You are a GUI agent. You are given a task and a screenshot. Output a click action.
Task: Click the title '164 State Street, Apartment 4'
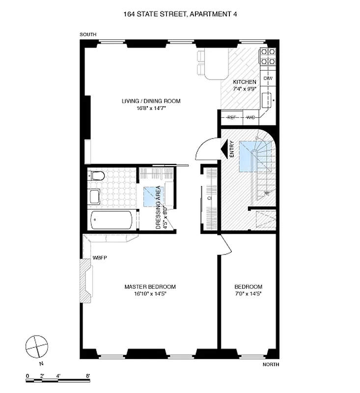pyautogui.click(x=179, y=15)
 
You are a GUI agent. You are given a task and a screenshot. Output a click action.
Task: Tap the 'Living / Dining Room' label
pyautogui.click(x=151, y=101)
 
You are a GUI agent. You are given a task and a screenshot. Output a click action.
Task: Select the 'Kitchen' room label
pyautogui.click(x=244, y=82)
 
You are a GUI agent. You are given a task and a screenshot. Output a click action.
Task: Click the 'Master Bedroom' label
pyautogui.click(x=150, y=287)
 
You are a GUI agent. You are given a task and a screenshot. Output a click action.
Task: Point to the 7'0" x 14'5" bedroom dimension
pyautogui.click(x=248, y=294)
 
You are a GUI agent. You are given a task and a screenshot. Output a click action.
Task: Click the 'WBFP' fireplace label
pyautogui.click(x=100, y=257)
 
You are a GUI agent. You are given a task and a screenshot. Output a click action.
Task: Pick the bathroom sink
pyautogui.click(x=94, y=197)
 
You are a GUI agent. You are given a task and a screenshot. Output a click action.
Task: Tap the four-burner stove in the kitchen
pyautogui.click(x=268, y=57)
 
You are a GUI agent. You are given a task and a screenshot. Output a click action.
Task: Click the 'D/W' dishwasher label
pyautogui.click(x=268, y=79)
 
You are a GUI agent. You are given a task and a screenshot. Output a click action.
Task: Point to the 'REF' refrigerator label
pyautogui.click(x=231, y=117)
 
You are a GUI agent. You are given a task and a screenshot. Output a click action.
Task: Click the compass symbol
pyautogui.click(x=36, y=347)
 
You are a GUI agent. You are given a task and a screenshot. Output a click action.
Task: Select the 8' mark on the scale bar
pyautogui.click(x=88, y=376)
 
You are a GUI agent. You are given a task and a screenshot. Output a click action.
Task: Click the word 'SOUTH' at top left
pyautogui.click(x=88, y=34)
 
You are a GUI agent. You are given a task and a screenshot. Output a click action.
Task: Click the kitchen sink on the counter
pyautogui.click(x=268, y=100)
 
